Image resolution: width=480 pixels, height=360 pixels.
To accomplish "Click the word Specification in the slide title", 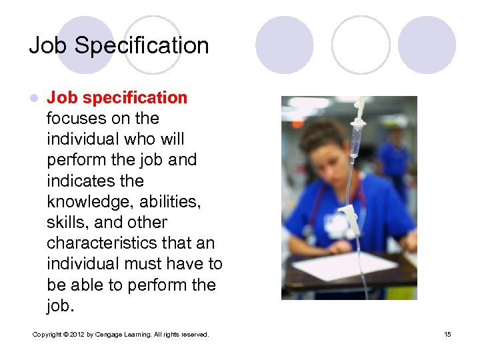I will click(x=142, y=46).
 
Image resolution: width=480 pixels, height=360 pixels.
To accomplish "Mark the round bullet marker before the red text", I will click(x=35, y=99).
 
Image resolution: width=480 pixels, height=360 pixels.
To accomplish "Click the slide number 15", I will click(x=447, y=334).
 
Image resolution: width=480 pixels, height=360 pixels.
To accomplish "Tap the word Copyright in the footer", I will click(x=47, y=334).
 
